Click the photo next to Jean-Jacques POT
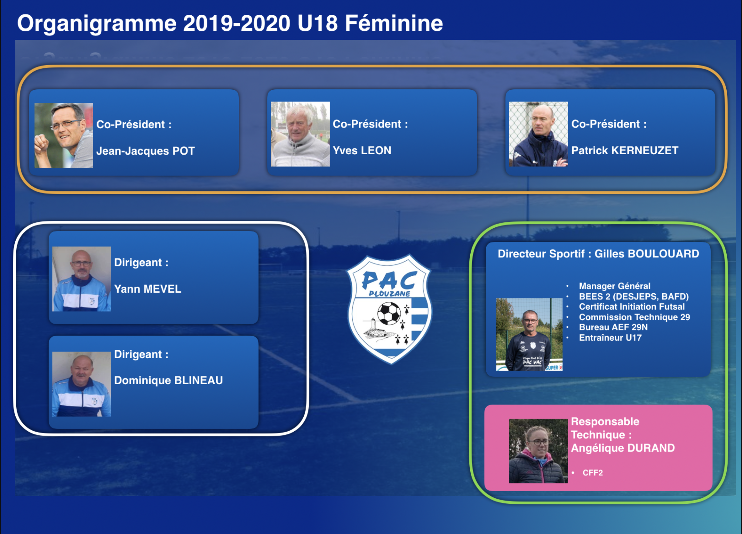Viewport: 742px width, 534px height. pos(64,135)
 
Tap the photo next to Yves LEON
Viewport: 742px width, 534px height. pos(300,134)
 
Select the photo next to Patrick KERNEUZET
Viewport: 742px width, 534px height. pos(539,134)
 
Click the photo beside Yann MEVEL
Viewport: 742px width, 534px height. pos(81,279)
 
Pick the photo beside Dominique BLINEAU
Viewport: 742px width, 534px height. pos(81,384)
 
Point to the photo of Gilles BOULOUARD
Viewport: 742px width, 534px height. pos(529,334)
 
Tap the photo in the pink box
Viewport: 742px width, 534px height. pos(539,451)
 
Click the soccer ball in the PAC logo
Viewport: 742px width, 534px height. pos(389,313)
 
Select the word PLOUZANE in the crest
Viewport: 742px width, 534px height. pos(389,294)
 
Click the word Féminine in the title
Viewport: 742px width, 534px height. pos(394,23)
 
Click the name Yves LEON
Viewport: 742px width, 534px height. pos(362,150)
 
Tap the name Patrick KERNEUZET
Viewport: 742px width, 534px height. pos(625,150)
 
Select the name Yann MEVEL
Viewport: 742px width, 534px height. pos(148,289)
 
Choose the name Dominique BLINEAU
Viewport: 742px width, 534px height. pos(169,380)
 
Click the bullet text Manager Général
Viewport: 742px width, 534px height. pos(615,286)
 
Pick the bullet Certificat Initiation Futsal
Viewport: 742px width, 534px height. pos(632,307)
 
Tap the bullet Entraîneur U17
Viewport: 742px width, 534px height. pos(610,338)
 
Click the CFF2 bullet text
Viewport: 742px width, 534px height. pos(592,473)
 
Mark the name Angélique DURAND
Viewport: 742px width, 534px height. pos(623,448)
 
